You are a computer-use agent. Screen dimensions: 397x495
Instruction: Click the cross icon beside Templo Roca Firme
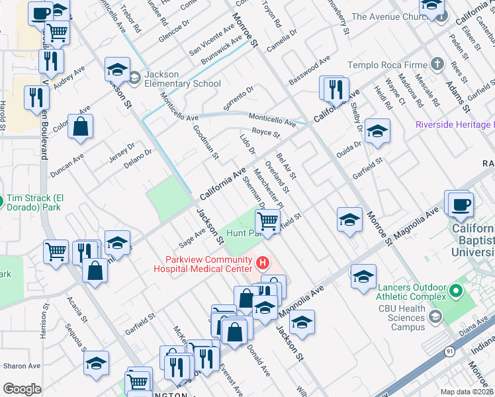pos(436,64)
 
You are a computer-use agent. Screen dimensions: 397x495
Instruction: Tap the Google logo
pos(22,388)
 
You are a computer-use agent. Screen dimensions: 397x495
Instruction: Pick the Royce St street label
pos(266,133)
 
